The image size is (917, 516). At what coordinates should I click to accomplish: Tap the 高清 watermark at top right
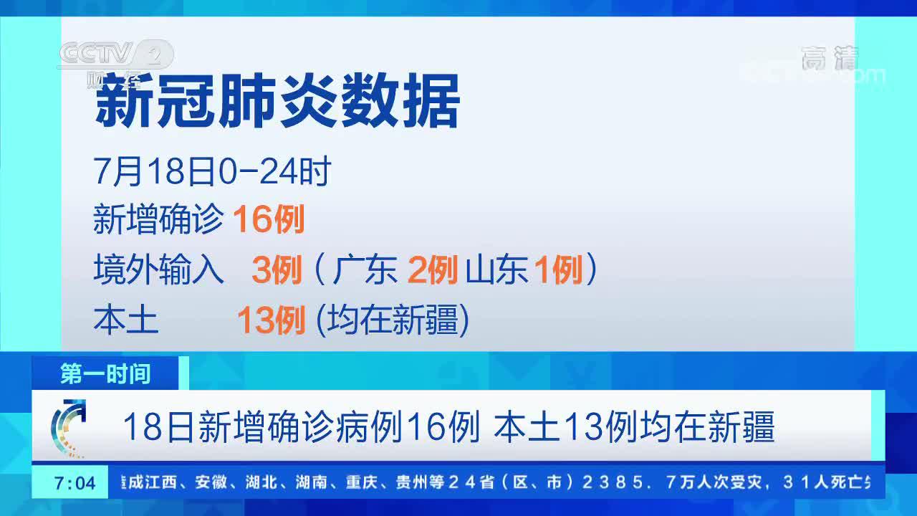pos(830,58)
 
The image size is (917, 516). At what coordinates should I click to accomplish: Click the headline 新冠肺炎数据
pos(277,100)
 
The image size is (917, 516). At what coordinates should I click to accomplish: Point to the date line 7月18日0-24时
pos(212,171)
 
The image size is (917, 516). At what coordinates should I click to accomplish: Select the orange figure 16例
pos(269,219)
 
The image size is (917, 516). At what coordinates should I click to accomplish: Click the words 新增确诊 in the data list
pos(158,219)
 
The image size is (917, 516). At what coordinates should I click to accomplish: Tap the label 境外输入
pos(158,269)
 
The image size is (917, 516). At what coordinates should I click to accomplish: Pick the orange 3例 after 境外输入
pos(277,269)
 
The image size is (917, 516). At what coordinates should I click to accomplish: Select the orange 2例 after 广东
pos(433,269)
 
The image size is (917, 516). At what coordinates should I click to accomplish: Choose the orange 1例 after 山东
pos(559,269)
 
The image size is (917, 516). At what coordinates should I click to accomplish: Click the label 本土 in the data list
pos(125,320)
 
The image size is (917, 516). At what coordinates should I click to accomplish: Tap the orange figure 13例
pos(271,320)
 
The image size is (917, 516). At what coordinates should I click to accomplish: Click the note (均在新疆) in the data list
pos(393,320)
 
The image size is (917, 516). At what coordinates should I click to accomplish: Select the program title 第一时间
pos(105,373)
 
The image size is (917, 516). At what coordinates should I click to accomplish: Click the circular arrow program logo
pos(68,428)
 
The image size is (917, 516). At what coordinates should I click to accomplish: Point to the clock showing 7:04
pos(75,483)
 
